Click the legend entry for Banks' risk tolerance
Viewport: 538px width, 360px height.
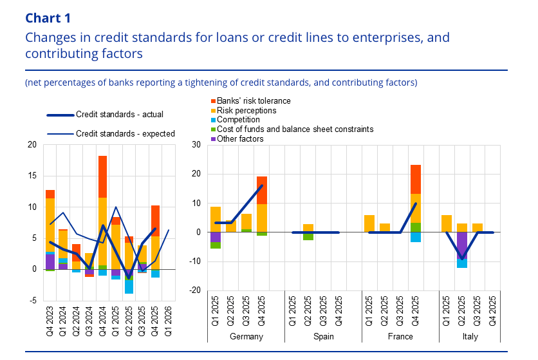(x=254, y=101)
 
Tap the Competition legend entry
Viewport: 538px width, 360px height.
(x=238, y=120)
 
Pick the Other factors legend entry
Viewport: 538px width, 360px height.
(x=240, y=138)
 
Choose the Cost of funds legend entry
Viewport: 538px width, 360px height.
(x=295, y=129)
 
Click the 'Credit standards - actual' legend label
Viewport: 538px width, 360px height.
(x=120, y=115)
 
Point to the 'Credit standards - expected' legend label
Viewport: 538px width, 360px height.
(x=125, y=134)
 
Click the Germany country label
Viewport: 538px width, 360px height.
(x=246, y=337)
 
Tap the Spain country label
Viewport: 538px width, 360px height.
(x=323, y=337)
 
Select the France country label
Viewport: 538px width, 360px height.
(x=400, y=337)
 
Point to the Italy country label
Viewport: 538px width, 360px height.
(x=477, y=337)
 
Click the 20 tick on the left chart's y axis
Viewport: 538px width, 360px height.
(x=32, y=145)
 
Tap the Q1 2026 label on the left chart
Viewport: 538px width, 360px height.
(x=169, y=317)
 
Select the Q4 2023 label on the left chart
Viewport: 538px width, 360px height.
(x=50, y=317)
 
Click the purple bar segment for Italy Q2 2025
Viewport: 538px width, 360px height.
(x=462, y=245)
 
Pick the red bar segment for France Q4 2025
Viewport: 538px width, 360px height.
(x=416, y=179)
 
